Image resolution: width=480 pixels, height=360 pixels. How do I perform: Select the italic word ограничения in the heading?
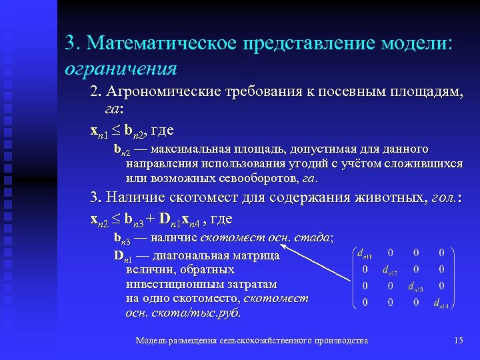point(121,68)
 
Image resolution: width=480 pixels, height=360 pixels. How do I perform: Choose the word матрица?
point(256,255)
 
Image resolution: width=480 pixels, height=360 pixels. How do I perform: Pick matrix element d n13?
point(417,287)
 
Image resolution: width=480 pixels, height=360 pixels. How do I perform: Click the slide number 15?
point(458,341)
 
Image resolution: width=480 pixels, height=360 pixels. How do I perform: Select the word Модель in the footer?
point(149,341)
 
